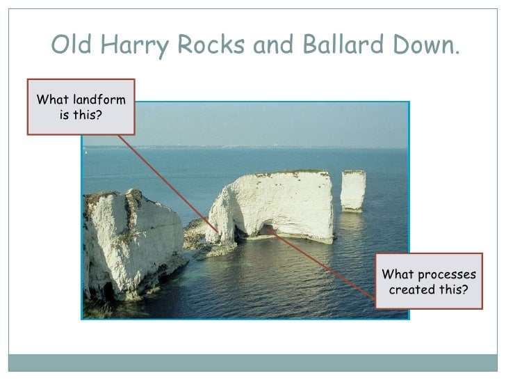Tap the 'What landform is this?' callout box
coord(81,106)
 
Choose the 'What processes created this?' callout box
coord(428,281)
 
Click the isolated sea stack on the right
coord(353,190)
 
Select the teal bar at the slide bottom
coord(253,363)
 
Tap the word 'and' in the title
coord(276,45)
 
